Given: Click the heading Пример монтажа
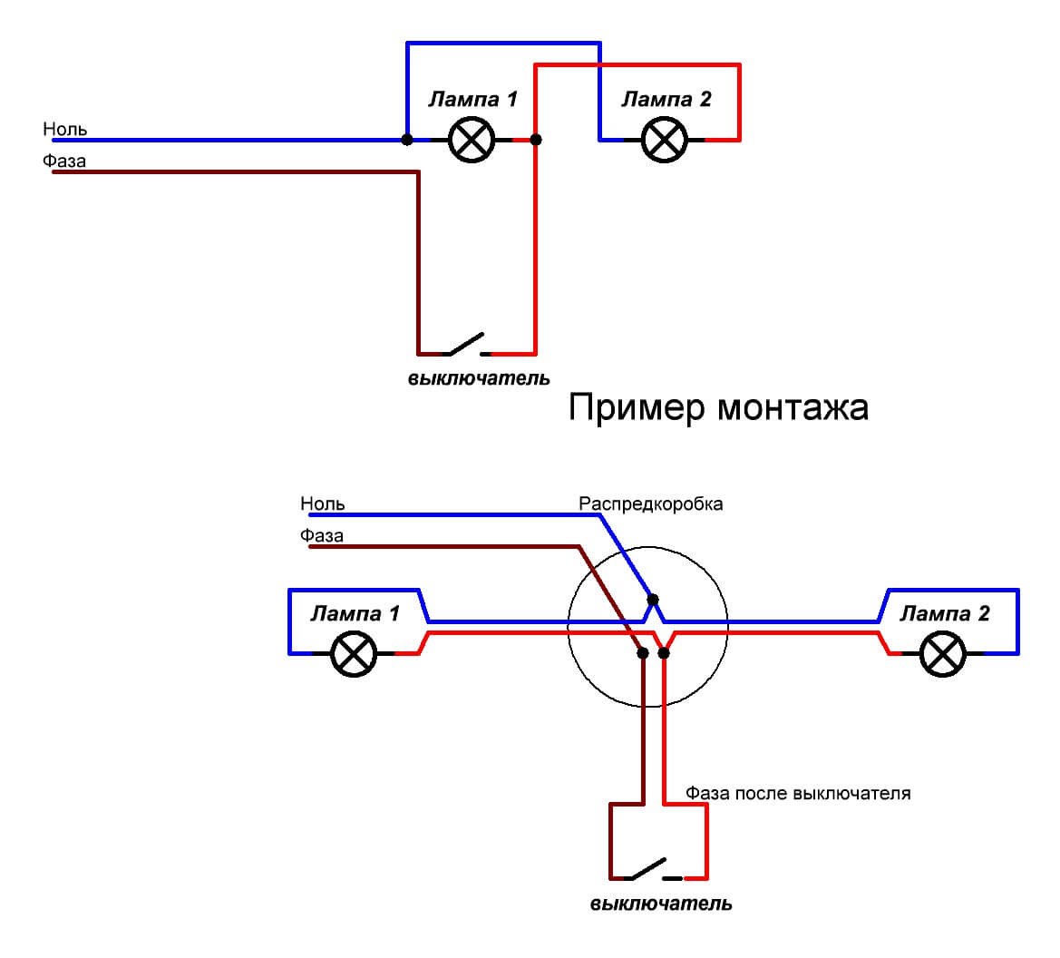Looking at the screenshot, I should tap(718, 408).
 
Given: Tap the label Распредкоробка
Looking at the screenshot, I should tap(651, 503).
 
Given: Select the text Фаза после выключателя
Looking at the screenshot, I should tap(798, 794).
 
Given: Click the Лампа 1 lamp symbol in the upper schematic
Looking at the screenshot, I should tap(472, 141).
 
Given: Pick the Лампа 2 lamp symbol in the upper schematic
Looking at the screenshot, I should tap(665, 141).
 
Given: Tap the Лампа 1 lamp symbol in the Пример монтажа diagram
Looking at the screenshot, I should tap(354, 653).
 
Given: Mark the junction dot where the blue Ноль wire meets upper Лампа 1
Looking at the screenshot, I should tap(407, 140).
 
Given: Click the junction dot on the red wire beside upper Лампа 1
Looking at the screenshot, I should tap(536, 140).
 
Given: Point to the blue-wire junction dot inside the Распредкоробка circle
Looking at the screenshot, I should tap(653, 600).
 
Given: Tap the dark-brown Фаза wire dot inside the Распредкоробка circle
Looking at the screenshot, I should tap(643, 652).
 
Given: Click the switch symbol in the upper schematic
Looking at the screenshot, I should tap(464, 346).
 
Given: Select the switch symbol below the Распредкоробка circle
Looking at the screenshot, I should tap(648, 871).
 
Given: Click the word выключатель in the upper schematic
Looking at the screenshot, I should tap(479, 377).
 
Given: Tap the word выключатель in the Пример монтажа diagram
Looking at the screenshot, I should tap(661, 904).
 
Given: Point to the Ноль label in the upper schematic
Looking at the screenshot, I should tap(65, 130).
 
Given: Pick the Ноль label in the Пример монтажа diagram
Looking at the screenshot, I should tap(323, 503).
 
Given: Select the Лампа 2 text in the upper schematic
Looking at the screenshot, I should tap(666, 100).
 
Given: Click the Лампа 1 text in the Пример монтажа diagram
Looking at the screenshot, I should tap(355, 614).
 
